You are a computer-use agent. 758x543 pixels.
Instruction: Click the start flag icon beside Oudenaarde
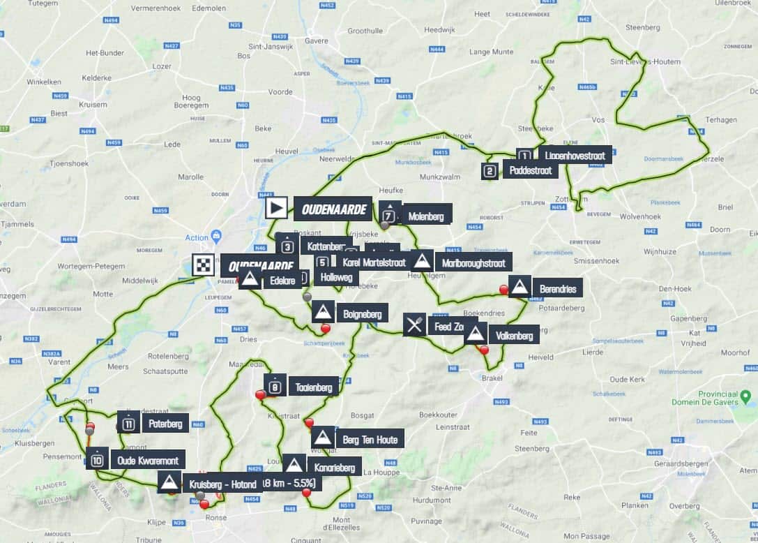point(276,207)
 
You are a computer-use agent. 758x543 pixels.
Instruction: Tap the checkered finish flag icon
point(204,265)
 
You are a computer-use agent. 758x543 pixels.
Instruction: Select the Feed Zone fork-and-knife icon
point(414,325)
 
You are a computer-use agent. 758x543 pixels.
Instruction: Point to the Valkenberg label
point(515,336)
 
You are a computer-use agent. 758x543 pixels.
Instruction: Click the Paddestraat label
point(530,170)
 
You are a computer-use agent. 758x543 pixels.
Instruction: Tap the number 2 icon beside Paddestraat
point(490,170)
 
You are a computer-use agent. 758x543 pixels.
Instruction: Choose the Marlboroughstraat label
point(473,262)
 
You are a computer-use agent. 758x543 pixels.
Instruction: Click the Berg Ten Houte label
point(370,439)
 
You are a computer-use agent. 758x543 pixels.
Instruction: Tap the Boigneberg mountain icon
point(323,312)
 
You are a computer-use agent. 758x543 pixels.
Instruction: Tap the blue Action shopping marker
point(216,237)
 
